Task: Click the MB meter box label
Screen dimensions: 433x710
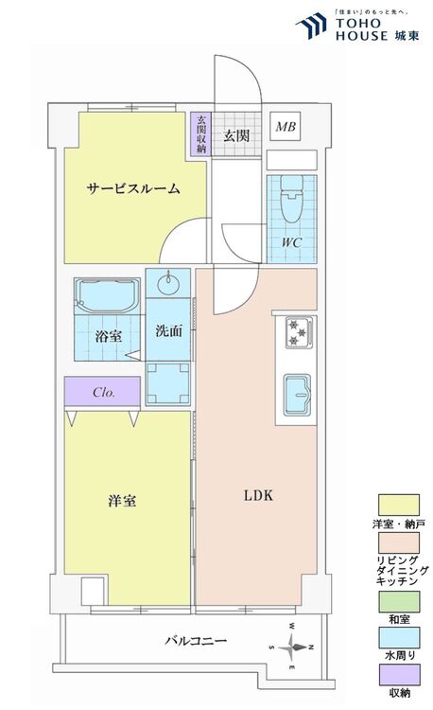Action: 286,127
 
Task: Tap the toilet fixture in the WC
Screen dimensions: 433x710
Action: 291,199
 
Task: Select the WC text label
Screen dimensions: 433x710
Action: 291,242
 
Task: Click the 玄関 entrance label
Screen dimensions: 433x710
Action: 236,135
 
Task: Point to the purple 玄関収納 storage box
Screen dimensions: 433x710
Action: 201,133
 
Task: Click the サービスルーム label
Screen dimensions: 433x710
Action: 133,188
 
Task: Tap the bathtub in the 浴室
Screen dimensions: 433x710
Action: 107,296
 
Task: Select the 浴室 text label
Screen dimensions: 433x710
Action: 109,336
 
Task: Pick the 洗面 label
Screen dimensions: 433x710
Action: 168,330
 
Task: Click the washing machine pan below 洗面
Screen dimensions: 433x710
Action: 167,383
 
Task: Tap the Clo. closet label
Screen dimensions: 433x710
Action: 103,393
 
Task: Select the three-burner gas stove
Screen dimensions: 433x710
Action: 298,333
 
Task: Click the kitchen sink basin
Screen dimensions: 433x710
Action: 298,395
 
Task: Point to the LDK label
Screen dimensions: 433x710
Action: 258,495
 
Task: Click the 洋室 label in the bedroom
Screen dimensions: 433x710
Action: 122,501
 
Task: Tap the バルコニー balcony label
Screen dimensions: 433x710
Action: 196,640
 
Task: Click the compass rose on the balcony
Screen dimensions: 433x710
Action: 292,647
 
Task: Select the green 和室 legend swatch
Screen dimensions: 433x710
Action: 399,602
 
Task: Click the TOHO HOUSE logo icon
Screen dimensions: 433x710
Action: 311,26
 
